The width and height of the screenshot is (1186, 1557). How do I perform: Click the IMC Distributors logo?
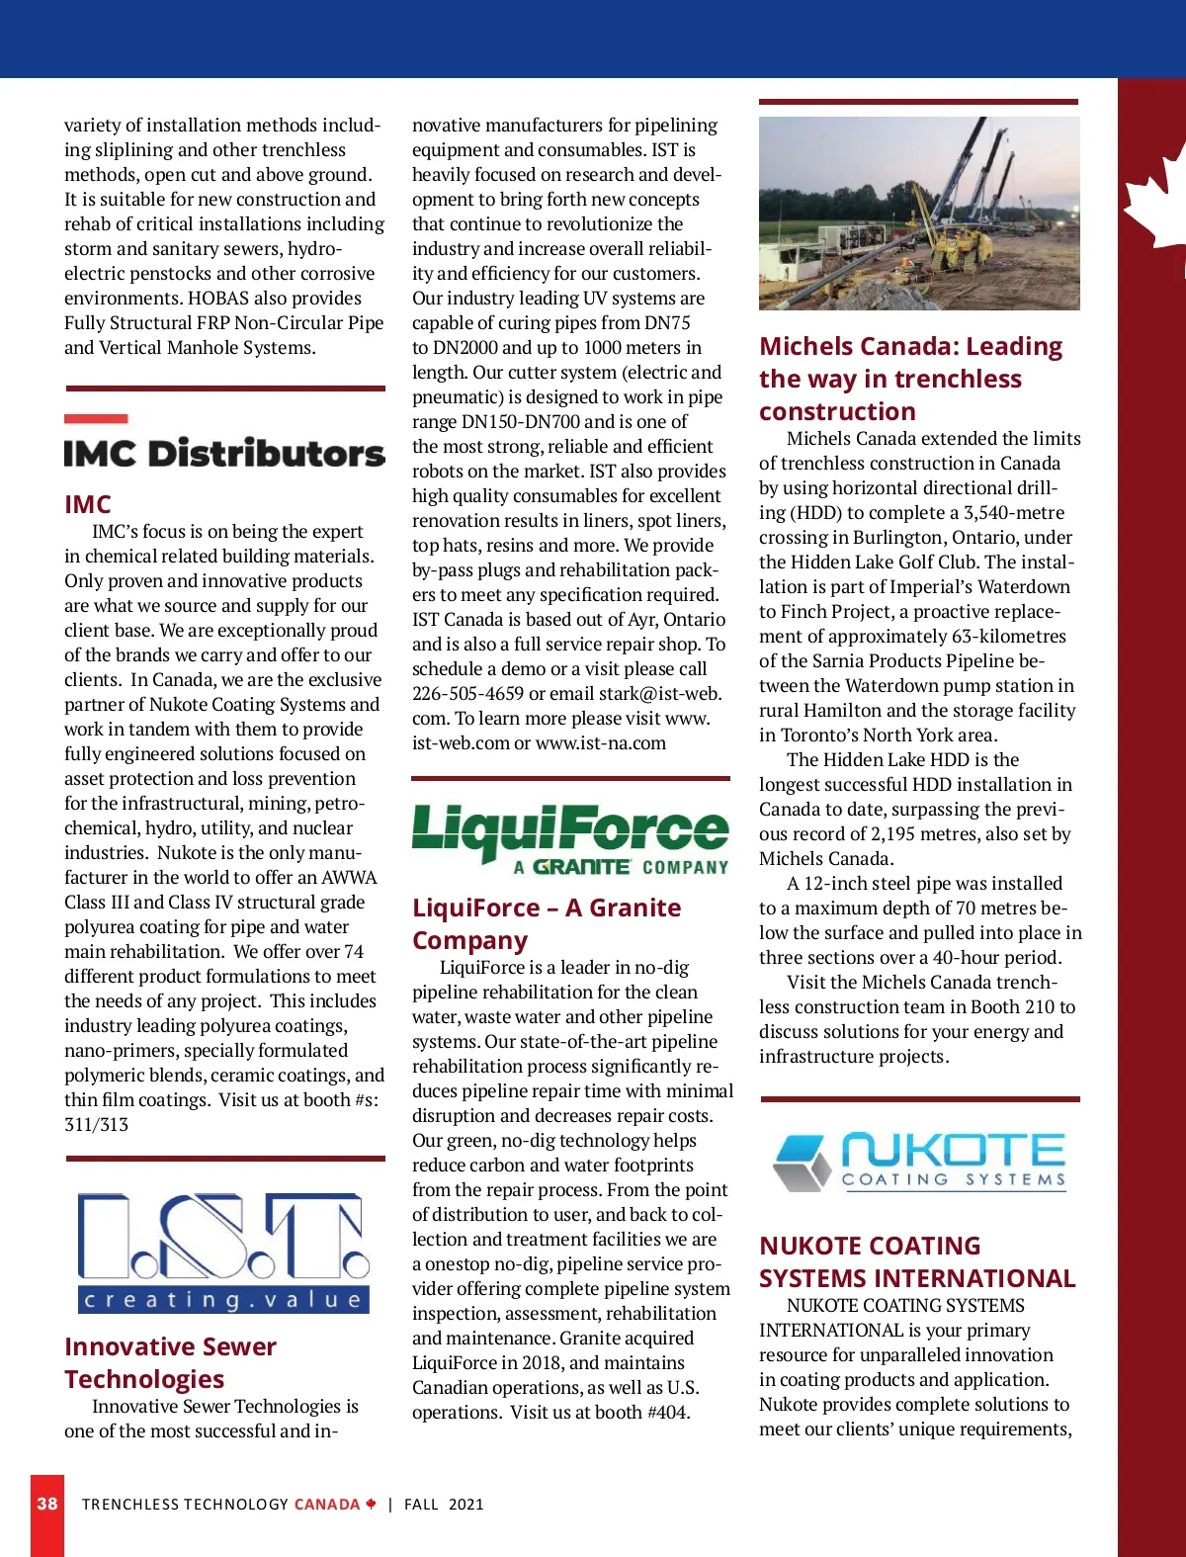[224, 453]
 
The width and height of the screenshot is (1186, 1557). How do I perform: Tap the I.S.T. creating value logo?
[223, 1253]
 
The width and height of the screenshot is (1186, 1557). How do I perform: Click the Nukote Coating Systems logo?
[920, 1163]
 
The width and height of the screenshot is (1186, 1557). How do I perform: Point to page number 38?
[47, 1504]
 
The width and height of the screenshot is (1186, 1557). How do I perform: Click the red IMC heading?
[88, 504]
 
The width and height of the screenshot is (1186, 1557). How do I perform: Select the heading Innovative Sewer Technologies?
[170, 1362]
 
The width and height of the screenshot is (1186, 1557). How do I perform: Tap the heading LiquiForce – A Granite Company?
[547, 923]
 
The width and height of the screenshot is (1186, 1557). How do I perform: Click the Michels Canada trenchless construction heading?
[910, 379]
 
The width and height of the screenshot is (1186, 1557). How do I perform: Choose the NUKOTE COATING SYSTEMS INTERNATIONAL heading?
[917, 1261]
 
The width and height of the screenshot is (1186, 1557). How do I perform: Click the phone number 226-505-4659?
[467, 693]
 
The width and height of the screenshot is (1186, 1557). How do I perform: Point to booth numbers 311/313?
[97, 1124]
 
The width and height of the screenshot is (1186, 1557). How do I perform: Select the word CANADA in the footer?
[327, 1504]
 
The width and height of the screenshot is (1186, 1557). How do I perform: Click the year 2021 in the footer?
[466, 1504]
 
